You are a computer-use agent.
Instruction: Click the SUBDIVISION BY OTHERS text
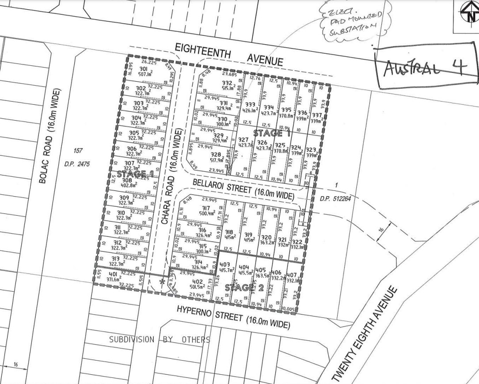pyautogui.click(x=160, y=339)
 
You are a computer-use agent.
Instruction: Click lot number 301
pyautogui.click(x=144, y=69)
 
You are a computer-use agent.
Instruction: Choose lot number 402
pyautogui.click(x=197, y=282)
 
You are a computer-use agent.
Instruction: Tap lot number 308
pyautogui.click(x=127, y=180)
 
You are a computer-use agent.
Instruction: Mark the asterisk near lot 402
pyautogui.click(x=163, y=281)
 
